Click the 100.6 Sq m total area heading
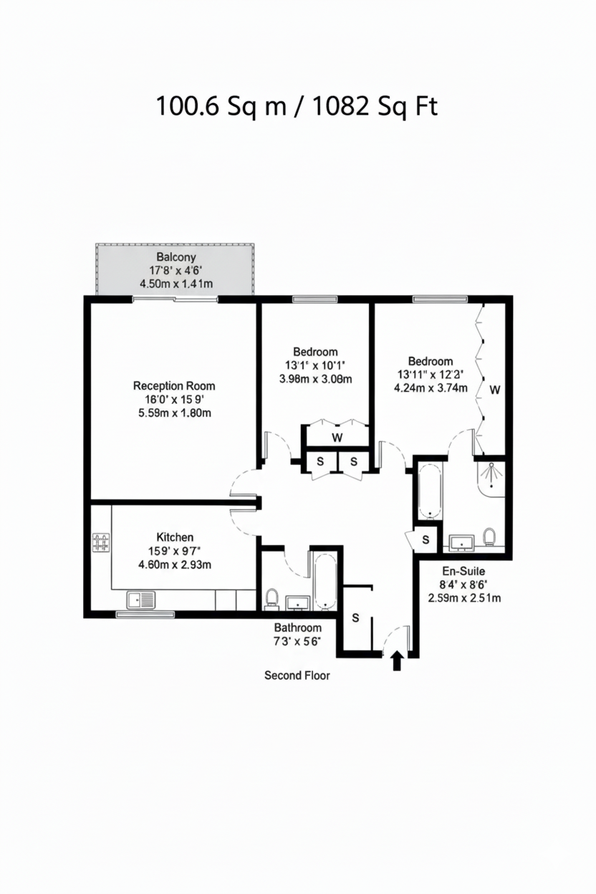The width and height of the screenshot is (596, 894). click(x=297, y=107)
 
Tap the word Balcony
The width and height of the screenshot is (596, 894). click(x=176, y=256)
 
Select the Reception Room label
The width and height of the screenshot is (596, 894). click(x=174, y=385)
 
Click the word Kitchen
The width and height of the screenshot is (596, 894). click(x=175, y=537)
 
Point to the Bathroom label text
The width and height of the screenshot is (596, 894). click(x=297, y=628)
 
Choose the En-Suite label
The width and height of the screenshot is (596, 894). click(x=463, y=571)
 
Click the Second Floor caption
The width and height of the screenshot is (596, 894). click(x=297, y=675)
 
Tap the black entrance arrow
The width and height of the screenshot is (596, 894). click(x=397, y=660)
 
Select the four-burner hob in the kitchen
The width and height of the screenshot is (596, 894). click(x=101, y=542)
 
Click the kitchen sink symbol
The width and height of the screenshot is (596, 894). click(x=141, y=599)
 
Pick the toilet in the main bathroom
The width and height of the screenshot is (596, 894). click(x=271, y=597)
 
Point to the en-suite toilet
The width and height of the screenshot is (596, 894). click(x=490, y=537)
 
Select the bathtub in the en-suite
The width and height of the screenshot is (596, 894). click(x=430, y=491)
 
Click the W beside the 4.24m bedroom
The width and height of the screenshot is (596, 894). click(x=494, y=390)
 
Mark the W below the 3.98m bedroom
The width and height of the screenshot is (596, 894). click(x=337, y=437)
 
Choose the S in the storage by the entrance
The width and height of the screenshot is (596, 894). click(x=355, y=617)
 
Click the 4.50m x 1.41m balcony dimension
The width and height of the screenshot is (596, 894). click(x=176, y=284)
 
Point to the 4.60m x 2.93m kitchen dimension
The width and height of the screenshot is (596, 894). click(x=175, y=564)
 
